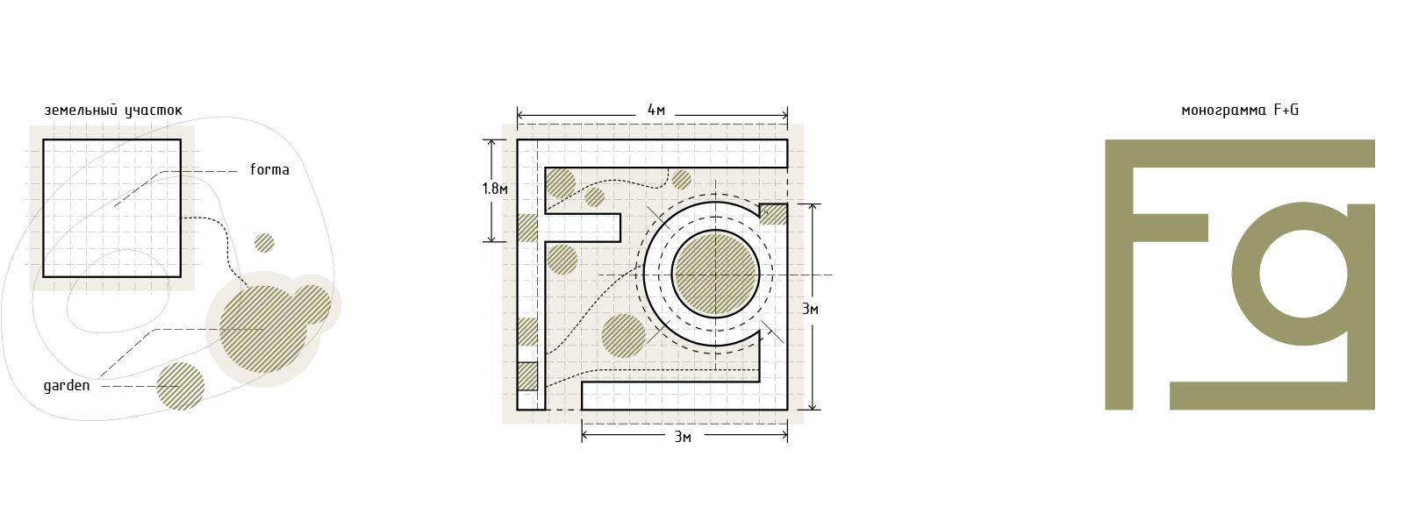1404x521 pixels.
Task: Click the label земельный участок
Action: (113, 111)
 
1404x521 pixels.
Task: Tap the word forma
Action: (269, 169)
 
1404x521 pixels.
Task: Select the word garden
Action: (67, 387)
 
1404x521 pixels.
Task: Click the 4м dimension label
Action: (655, 111)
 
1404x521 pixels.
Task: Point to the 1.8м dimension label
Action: (495, 189)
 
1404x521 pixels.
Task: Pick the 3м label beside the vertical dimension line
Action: (810, 309)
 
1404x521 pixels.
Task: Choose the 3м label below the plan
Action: (683, 437)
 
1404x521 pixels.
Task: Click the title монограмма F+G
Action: (1240, 111)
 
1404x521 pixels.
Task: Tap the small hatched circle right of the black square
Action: (264, 243)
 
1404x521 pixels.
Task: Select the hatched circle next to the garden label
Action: (181, 387)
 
